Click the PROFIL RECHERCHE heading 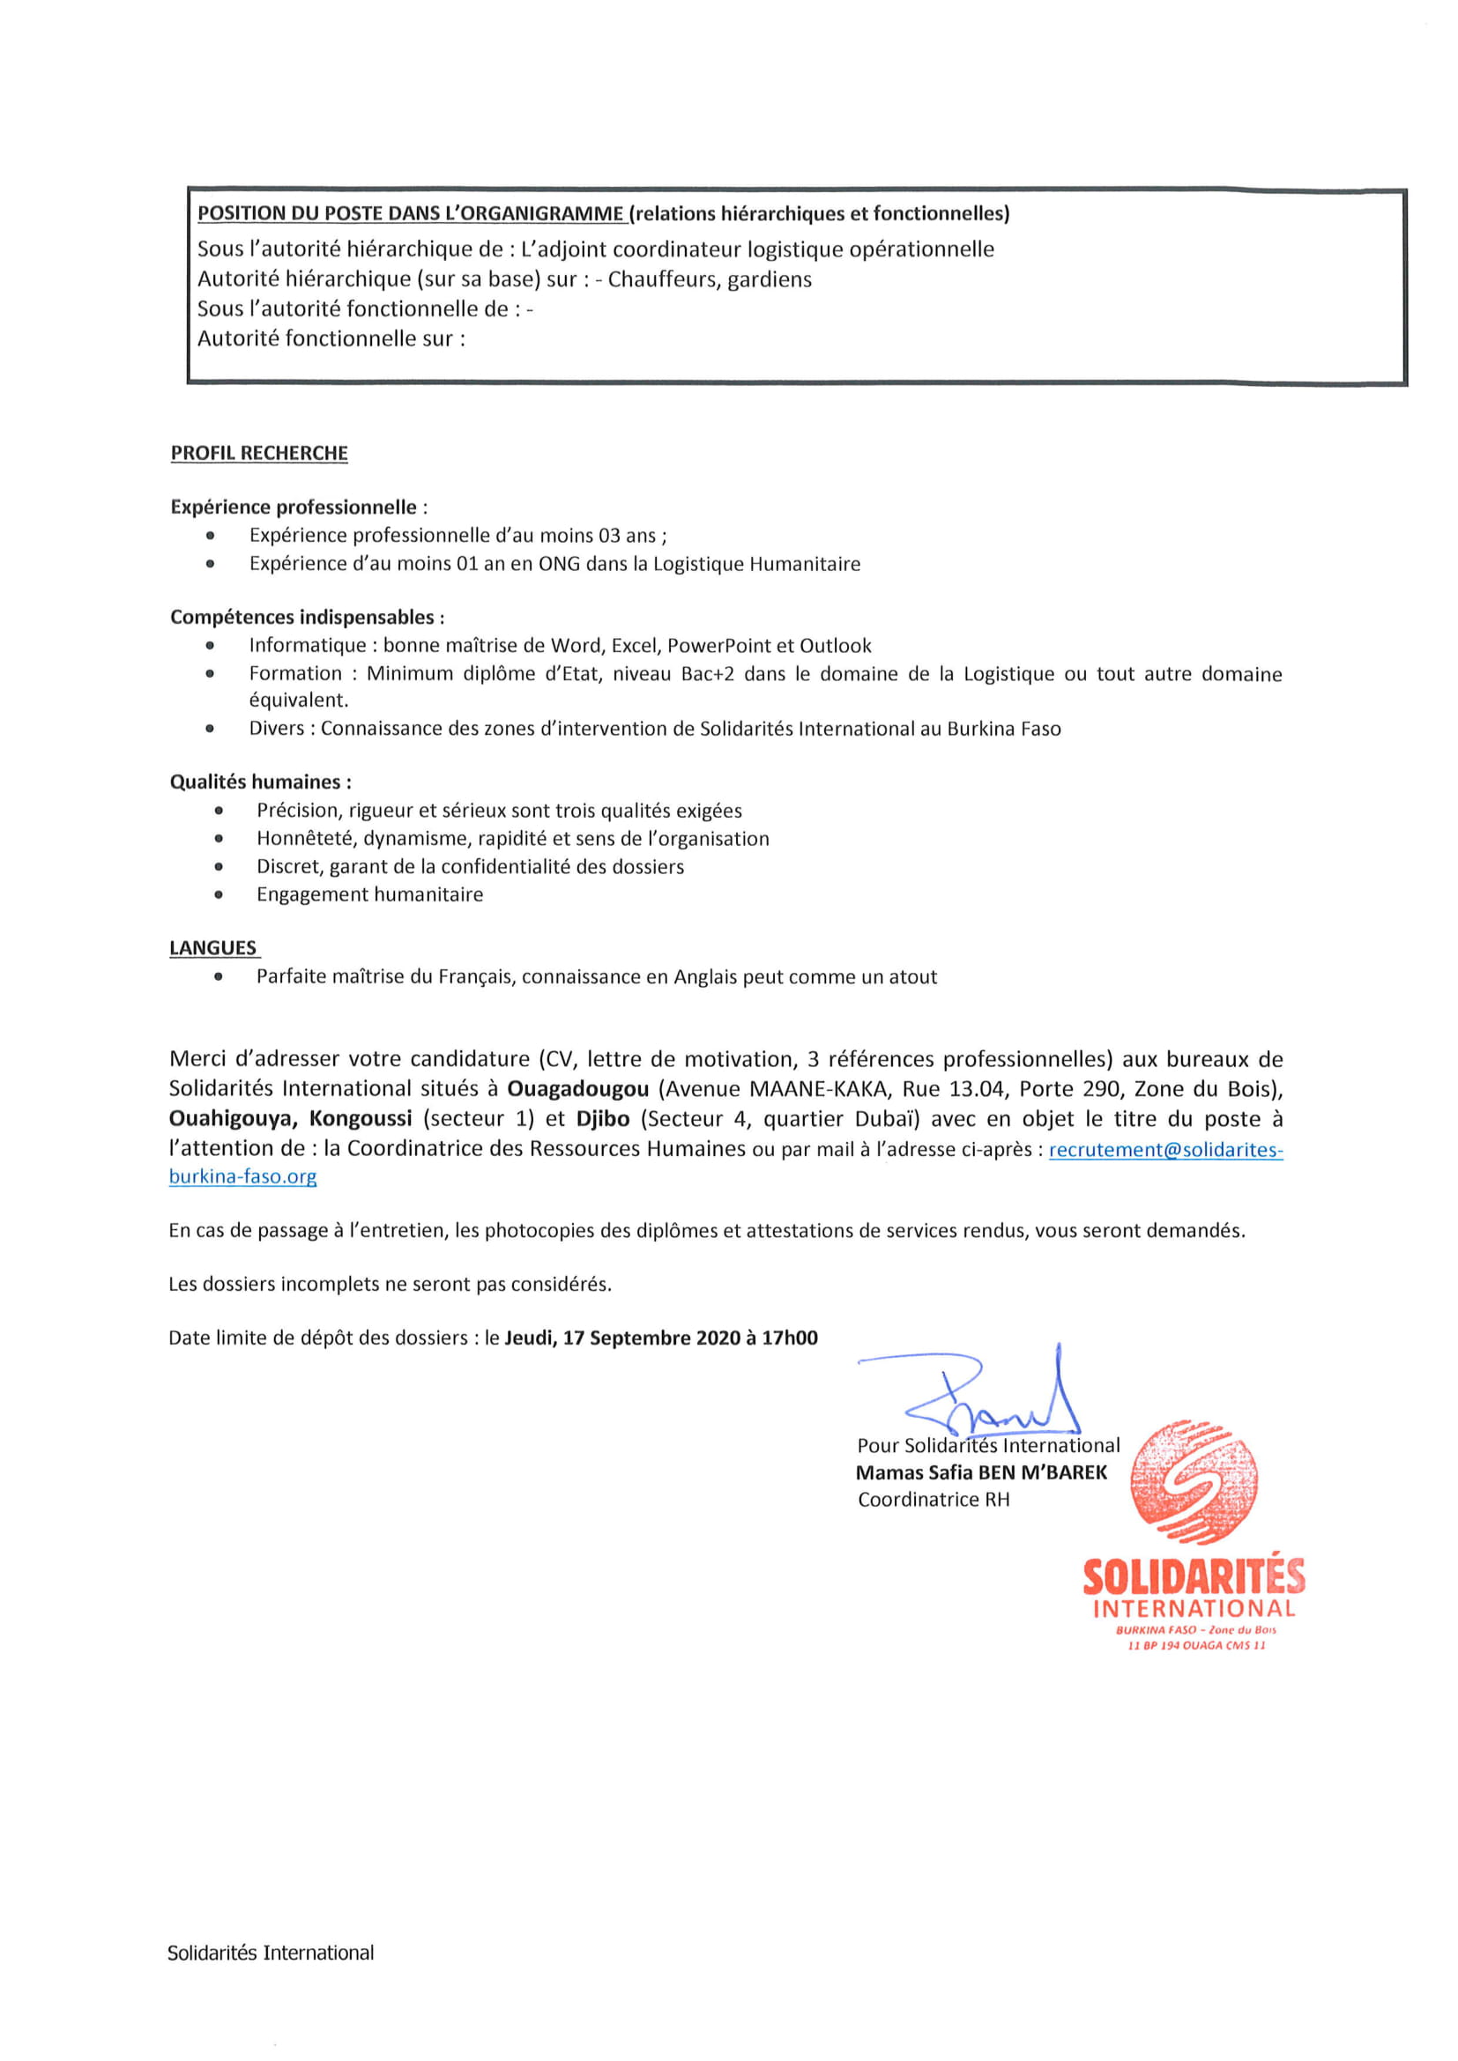[x=258, y=453]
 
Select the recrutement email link [x=1165, y=1150]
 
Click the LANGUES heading [x=213, y=948]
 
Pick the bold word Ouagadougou [x=577, y=1089]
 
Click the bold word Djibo [x=602, y=1118]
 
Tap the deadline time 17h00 [x=790, y=1338]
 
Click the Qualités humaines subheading [x=260, y=782]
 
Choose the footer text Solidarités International [x=271, y=1953]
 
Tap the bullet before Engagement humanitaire [x=218, y=894]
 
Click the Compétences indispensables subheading [x=307, y=617]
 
